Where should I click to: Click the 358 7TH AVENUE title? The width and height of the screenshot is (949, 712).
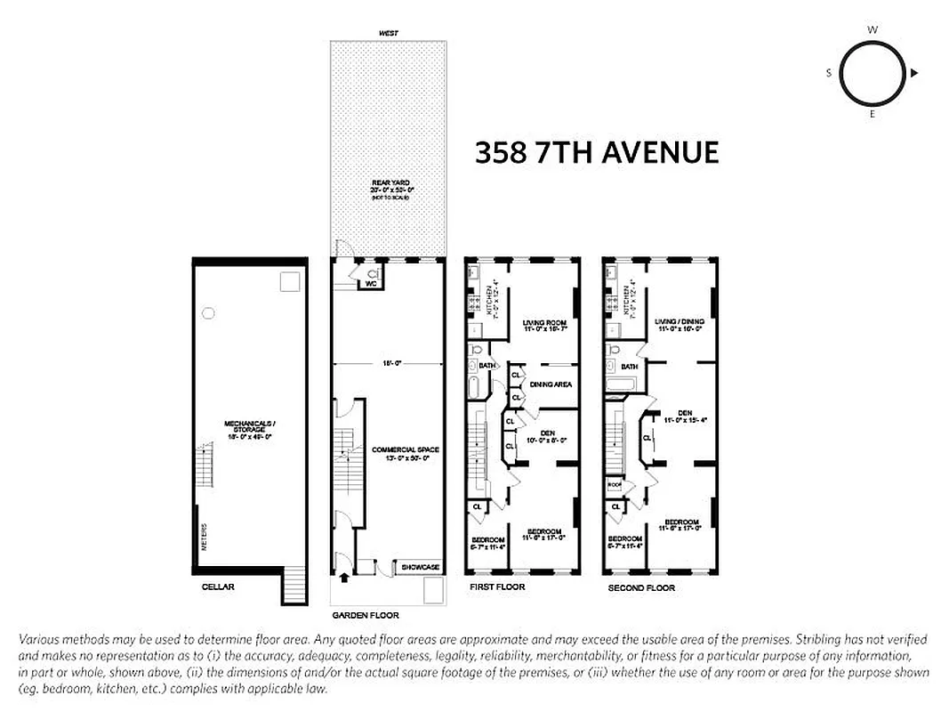tap(596, 153)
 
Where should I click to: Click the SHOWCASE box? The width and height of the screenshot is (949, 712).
tap(420, 567)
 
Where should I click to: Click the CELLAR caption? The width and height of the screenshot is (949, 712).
tap(217, 587)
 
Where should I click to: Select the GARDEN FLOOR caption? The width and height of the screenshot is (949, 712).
tap(366, 615)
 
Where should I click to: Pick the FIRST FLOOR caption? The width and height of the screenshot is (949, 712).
tap(497, 587)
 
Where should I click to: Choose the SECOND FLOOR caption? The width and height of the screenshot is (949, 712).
tap(641, 588)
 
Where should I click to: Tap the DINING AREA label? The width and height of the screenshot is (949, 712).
tap(551, 384)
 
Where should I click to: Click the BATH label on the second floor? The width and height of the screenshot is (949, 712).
tap(629, 367)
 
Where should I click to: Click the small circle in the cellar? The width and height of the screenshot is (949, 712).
tap(208, 312)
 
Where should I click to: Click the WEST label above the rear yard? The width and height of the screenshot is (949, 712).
tap(388, 33)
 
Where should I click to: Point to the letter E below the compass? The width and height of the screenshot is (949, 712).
tap(873, 115)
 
